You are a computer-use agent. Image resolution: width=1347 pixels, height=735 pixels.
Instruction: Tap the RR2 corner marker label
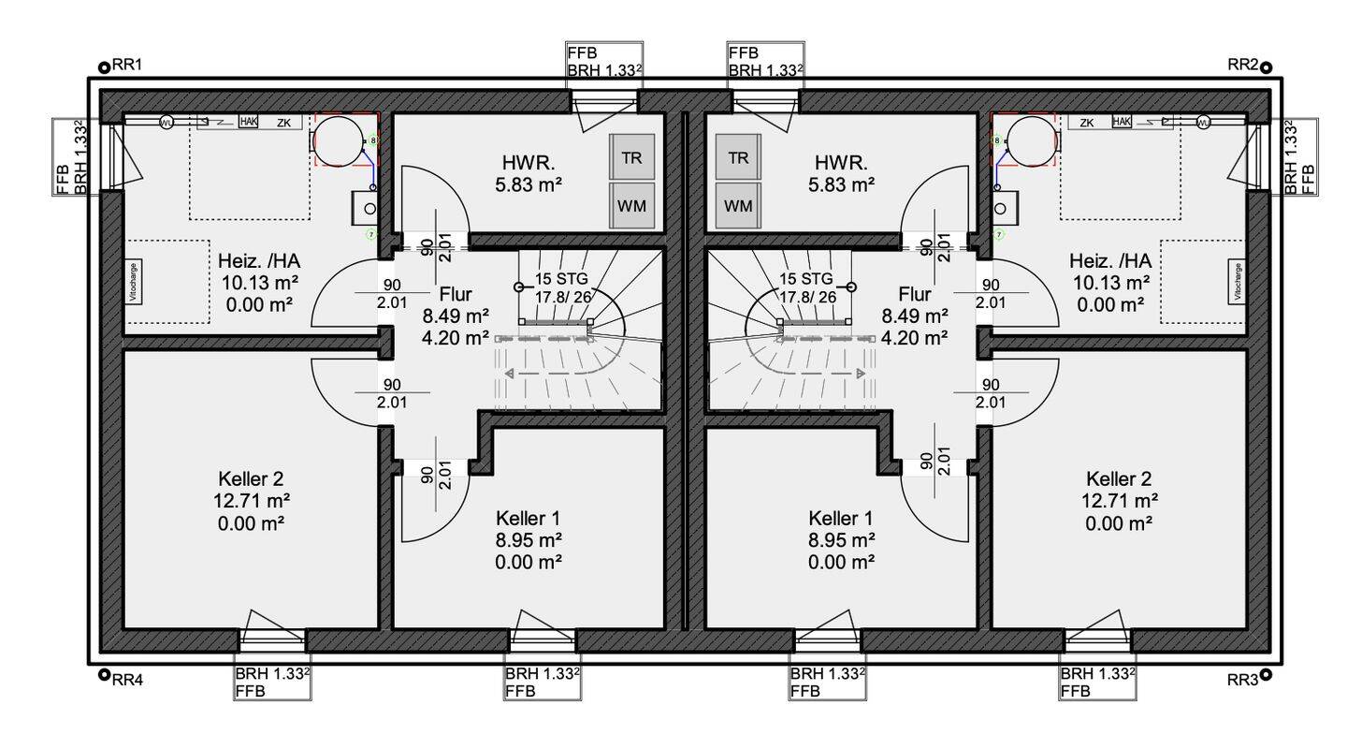pos(1242,65)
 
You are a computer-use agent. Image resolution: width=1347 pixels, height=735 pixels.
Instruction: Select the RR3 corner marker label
pos(1242,681)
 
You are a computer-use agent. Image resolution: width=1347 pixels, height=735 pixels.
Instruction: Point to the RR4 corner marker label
pos(127,681)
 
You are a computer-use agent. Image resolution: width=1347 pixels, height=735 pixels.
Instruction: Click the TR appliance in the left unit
pos(632,157)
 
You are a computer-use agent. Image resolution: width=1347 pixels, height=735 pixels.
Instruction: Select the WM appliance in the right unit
pos(738,205)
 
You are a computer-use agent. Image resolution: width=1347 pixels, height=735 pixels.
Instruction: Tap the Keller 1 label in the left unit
pos(529,518)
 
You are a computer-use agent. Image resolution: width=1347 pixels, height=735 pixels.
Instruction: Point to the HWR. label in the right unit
pos(842,160)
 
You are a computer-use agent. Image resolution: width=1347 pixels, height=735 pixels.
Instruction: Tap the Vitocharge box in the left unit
pos(134,282)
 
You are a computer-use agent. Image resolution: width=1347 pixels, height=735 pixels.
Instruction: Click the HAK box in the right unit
pos(1122,122)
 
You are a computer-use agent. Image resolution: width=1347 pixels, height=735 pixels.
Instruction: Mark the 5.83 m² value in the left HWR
pos(529,184)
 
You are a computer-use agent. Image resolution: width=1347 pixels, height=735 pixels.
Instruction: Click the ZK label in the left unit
pos(282,123)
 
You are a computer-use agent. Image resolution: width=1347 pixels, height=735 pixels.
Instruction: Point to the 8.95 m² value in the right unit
pos(842,539)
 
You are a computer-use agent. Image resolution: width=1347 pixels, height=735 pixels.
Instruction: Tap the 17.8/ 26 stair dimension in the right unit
pos(804,298)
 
